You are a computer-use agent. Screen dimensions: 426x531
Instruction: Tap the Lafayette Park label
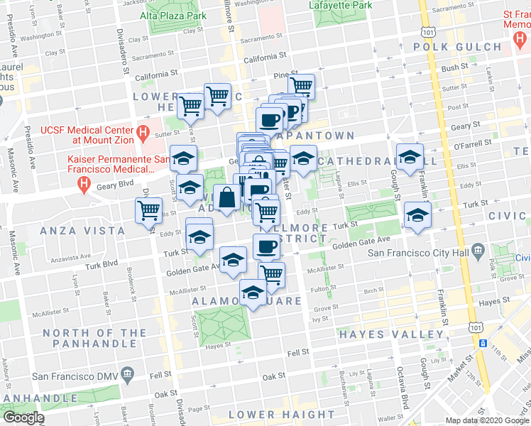(341, 5)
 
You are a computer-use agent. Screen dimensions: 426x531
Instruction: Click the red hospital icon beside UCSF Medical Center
(142, 131)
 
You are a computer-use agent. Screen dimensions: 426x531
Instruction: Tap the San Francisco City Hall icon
(479, 252)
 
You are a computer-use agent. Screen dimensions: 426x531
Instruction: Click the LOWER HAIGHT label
(282, 415)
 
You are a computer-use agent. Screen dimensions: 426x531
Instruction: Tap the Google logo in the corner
(23, 417)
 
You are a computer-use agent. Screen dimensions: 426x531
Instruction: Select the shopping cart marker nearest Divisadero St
(148, 210)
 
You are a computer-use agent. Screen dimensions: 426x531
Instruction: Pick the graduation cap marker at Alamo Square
(253, 292)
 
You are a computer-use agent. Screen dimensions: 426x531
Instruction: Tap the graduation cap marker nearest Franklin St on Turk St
(417, 214)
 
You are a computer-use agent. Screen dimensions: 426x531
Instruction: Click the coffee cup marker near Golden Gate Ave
(266, 246)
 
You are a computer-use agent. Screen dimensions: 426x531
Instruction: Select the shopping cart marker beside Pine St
(302, 86)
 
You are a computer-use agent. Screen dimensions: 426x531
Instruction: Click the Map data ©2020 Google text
(486, 420)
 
